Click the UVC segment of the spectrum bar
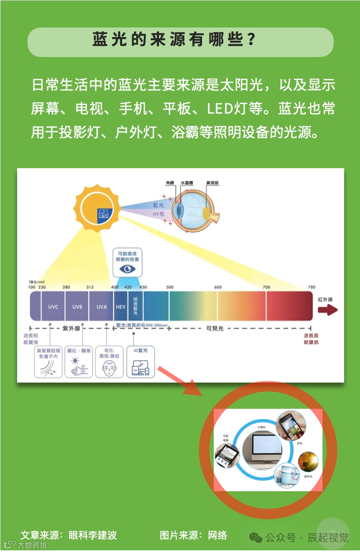click(53, 307)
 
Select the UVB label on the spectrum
click(77, 307)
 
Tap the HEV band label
click(120, 307)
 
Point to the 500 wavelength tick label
click(170, 287)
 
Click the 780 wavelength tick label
click(312, 287)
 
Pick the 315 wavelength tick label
click(90, 287)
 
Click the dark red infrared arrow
click(328, 310)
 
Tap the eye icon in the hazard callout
click(127, 269)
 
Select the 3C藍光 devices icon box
click(140, 362)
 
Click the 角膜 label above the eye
click(170, 183)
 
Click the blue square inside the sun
click(103, 214)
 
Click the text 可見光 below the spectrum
click(215, 328)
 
